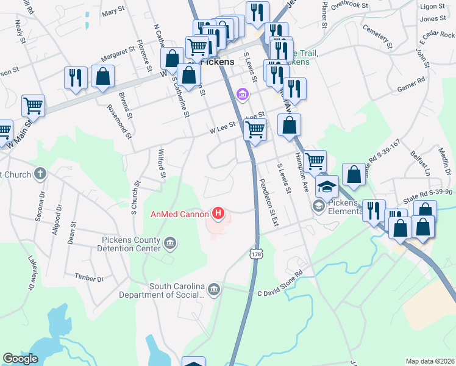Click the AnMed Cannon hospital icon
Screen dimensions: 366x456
coord(218,213)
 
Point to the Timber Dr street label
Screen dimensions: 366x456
coord(89,277)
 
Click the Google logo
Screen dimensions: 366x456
coord(20,359)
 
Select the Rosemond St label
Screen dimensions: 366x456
coord(119,120)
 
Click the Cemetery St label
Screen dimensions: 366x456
coord(377,36)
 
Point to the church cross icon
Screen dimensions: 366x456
coord(40,174)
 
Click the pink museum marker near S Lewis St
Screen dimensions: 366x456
coord(242,95)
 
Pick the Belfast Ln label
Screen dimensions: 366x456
coord(420,162)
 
